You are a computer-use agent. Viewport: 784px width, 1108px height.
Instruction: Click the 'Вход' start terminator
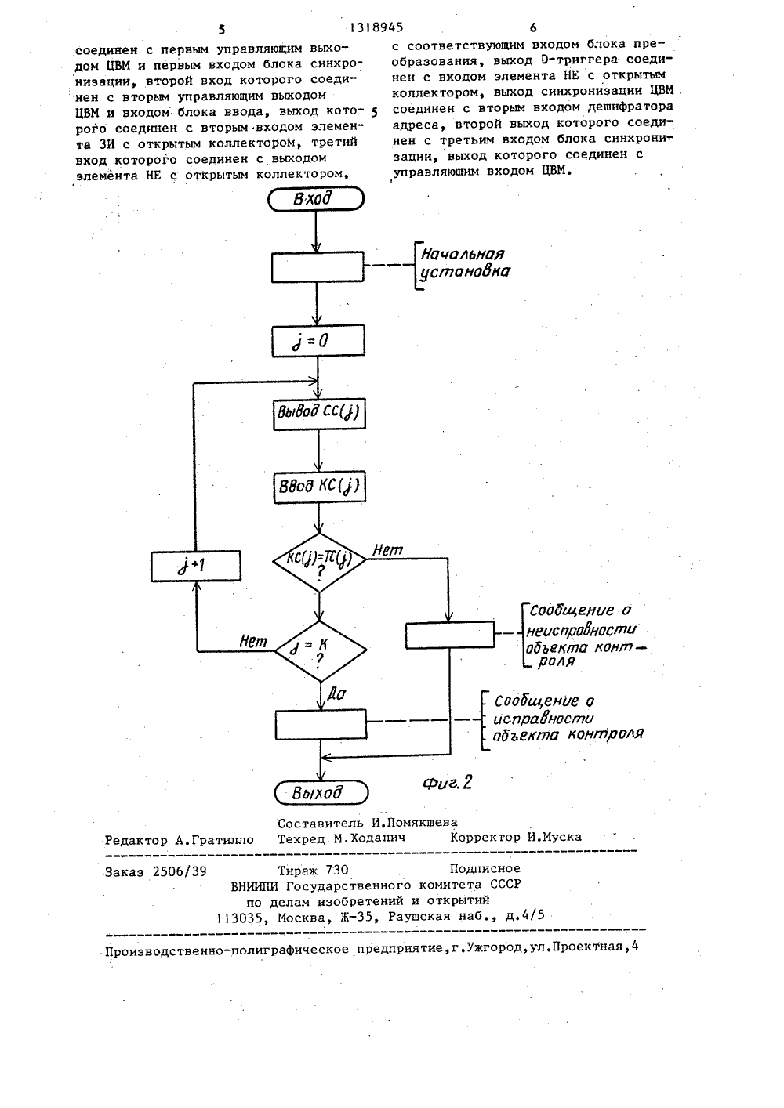316,199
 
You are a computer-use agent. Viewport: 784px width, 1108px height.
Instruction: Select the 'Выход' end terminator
321,792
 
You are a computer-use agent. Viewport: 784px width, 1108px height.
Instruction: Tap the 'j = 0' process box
318,340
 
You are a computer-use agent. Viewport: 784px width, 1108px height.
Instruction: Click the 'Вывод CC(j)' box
319,414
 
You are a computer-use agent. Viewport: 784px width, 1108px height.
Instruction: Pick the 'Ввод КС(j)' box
320,487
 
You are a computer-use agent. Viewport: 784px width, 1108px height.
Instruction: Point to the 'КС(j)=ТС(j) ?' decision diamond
320,562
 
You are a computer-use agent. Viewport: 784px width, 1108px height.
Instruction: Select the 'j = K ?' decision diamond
321,651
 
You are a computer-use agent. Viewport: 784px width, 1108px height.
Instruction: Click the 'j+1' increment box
196,566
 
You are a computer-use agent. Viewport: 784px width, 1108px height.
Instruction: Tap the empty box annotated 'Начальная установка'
318,267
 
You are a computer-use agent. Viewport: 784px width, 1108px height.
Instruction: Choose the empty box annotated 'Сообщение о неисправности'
450,635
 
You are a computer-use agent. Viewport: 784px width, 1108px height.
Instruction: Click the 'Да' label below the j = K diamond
336,694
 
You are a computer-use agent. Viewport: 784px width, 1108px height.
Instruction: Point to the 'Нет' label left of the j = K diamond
253,642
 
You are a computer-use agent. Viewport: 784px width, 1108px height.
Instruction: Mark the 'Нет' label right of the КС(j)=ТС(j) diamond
387,549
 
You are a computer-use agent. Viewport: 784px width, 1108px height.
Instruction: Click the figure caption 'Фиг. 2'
448,782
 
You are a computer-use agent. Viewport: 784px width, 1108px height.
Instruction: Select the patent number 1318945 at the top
376,27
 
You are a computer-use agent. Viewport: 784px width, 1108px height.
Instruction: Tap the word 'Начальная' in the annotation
463,254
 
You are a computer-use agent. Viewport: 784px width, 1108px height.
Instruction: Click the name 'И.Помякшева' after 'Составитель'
415,822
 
